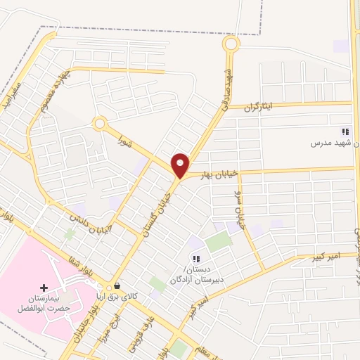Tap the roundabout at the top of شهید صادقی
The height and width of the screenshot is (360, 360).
[x=231, y=44]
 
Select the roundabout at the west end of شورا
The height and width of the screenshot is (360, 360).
[x=100, y=124]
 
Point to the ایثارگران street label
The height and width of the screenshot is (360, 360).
[x=262, y=107]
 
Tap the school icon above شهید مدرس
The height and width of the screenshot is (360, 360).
[x=345, y=131]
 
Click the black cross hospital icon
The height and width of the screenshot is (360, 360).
[x=44, y=288]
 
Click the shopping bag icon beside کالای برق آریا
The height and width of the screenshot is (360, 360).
[x=116, y=286]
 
